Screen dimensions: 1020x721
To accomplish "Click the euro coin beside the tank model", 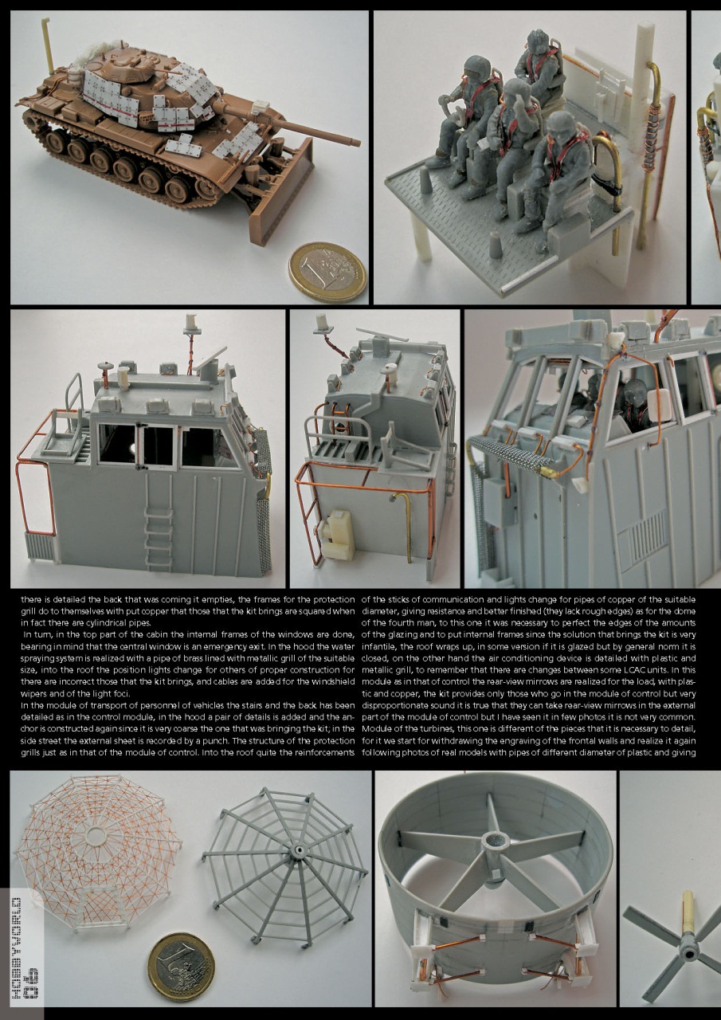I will click(x=327, y=273).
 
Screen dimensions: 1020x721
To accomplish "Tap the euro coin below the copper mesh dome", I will click(x=182, y=967).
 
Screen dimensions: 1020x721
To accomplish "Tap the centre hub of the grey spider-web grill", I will click(x=300, y=851).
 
